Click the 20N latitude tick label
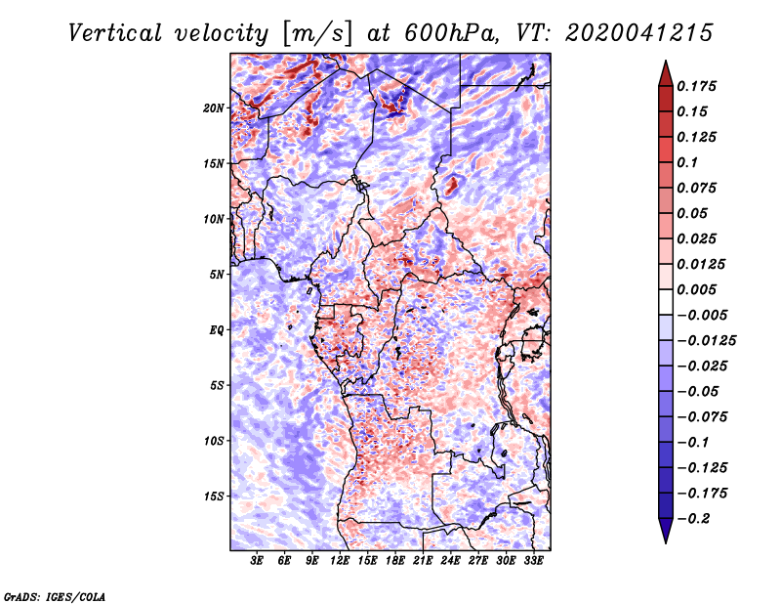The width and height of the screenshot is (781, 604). (x=214, y=108)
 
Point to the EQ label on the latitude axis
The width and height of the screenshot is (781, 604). (x=216, y=330)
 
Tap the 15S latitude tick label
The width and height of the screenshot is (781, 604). (x=214, y=496)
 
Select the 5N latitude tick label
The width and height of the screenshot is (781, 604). (x=217, y=275)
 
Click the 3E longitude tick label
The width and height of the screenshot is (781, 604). (x=257, y=561)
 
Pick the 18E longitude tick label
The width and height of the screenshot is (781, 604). (x=395, y=561)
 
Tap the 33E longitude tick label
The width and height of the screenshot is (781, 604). (x=533, y=561)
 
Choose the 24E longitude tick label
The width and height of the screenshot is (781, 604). (x=450, y=561)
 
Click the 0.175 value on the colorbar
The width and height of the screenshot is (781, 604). (x=696, y=86)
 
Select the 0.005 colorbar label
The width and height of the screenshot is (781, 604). (x=696, y=289)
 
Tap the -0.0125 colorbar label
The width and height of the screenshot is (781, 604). (x=706, y=341)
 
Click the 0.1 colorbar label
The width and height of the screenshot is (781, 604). (x=687, y=162)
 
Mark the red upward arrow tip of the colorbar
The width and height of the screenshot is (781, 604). (x=666, y=61)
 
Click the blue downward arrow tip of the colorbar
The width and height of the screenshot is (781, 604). (x=666, y=542)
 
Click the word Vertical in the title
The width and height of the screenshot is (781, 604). (x=114, y=33)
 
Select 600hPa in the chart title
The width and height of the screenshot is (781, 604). (x=451, y=33)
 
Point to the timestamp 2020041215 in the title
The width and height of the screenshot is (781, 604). (x=638, y=33)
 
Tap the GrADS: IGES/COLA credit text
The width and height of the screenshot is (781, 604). (x=55, y=596)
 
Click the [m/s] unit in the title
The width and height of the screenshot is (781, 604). (x=318, y=34)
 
